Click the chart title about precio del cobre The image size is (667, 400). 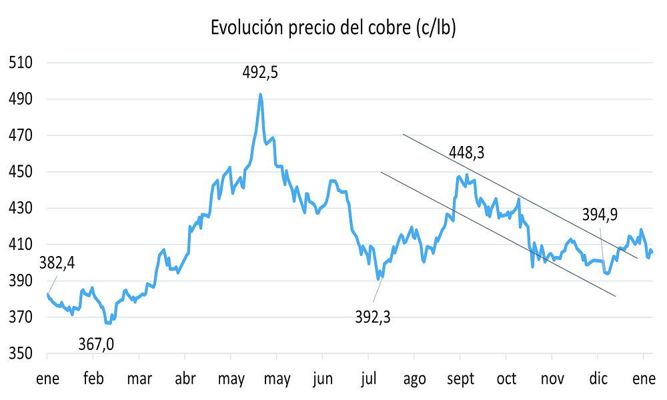coord(333,27)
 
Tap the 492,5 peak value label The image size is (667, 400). coord(260,73)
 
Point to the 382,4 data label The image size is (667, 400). coord(57,262)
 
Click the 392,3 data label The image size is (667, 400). coord(373,316)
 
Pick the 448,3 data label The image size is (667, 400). coord(467,153)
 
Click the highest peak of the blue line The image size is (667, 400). coord(260,95)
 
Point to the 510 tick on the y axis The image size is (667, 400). coord(21,63)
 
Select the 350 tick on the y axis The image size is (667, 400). coord(21,353)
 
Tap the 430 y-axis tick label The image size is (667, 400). coord(21,208)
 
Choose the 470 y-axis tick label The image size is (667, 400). coord(21,135)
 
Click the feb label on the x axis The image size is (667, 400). coord(93,379)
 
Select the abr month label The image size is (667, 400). coord(185,379)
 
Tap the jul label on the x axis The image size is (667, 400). coord(368,379)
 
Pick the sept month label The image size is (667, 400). coord(460,379)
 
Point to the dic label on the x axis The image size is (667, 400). coord(598,379)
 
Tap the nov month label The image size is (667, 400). coord(552,379)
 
